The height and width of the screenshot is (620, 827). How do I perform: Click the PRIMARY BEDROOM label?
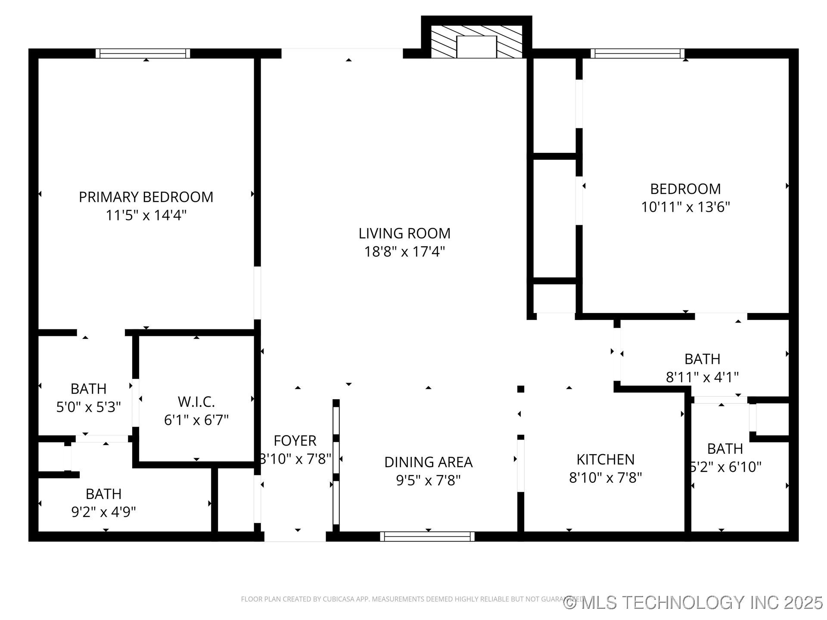click(146, 197)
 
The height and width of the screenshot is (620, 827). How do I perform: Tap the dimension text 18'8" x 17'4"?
click(404, 251)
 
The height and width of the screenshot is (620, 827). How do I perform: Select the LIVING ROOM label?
click(404, 233)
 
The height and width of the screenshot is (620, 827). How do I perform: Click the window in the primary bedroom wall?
click(143, 53)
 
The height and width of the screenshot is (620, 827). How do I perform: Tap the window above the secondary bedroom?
click(637, 53)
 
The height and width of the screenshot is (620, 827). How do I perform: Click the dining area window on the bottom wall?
click(427, 536)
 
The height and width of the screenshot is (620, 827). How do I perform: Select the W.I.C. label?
click(196, 402)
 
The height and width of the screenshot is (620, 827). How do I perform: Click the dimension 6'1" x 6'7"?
click(196, 420)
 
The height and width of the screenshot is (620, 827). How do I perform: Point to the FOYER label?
click(295, 441)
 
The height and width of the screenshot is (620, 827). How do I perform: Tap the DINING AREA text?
click(428, 462)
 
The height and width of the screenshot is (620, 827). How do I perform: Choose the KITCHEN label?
click(605, 460)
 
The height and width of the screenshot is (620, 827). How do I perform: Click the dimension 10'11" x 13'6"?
click(685, 207)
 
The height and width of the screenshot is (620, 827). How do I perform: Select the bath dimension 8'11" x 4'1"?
click(702, 378)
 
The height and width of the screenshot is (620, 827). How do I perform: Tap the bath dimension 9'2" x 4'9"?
click(103, 512)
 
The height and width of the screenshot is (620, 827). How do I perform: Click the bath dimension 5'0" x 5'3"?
click(88, 407)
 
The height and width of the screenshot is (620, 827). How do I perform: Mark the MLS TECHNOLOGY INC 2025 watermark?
click(693, 602)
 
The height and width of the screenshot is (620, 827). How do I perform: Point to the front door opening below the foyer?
click(295, 536)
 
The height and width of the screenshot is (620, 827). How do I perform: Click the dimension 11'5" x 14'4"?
click(146, 215)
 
